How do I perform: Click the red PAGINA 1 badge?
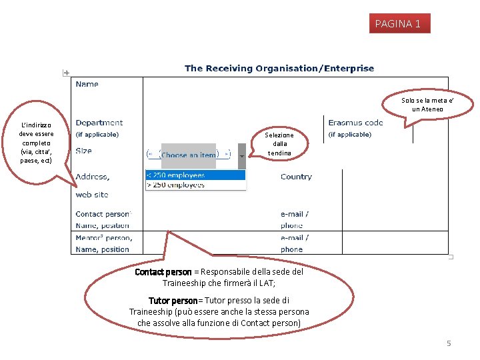click(398, 24)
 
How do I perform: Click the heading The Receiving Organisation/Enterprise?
click(279, 68)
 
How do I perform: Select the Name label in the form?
click(87, 84)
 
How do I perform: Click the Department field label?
click(99, 123)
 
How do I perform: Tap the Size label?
click(84, 151)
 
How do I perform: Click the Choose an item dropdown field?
click(189, 155)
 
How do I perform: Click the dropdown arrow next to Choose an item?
click(241, 155)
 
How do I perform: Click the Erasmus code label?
click(355, 123)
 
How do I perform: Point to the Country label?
click(296, 177)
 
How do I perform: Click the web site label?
click(92, 195)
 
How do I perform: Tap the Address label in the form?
click(93, 177)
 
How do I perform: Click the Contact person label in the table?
click(103, 214)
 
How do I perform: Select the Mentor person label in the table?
click(104, 237)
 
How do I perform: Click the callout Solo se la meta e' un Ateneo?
click(427, 105)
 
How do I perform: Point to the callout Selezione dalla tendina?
click(279, 144)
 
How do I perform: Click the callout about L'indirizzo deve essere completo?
click(36, 143)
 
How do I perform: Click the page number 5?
click(449, 343)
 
